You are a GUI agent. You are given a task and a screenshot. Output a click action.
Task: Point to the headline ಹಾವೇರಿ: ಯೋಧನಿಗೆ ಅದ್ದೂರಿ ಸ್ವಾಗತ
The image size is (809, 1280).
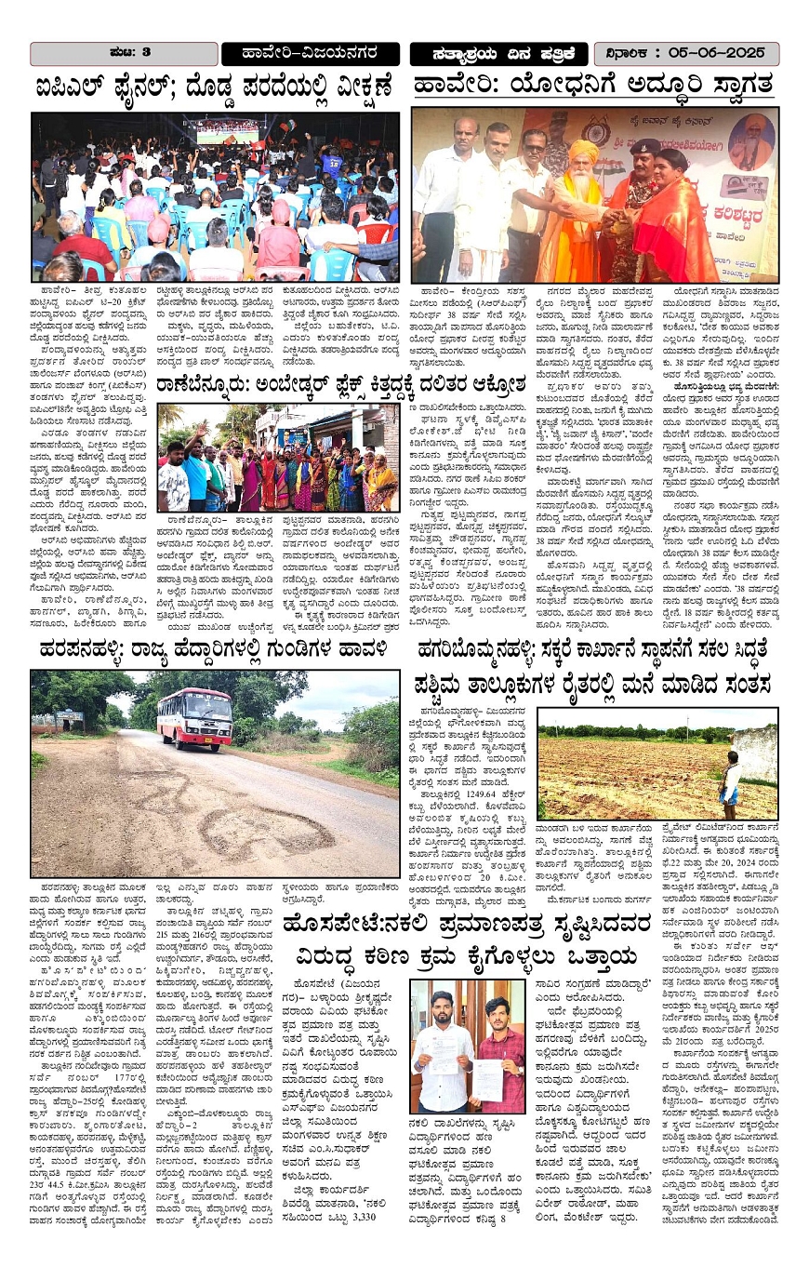pos(593,86)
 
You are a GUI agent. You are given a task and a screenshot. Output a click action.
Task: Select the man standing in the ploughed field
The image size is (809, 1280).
pos(731,777)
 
